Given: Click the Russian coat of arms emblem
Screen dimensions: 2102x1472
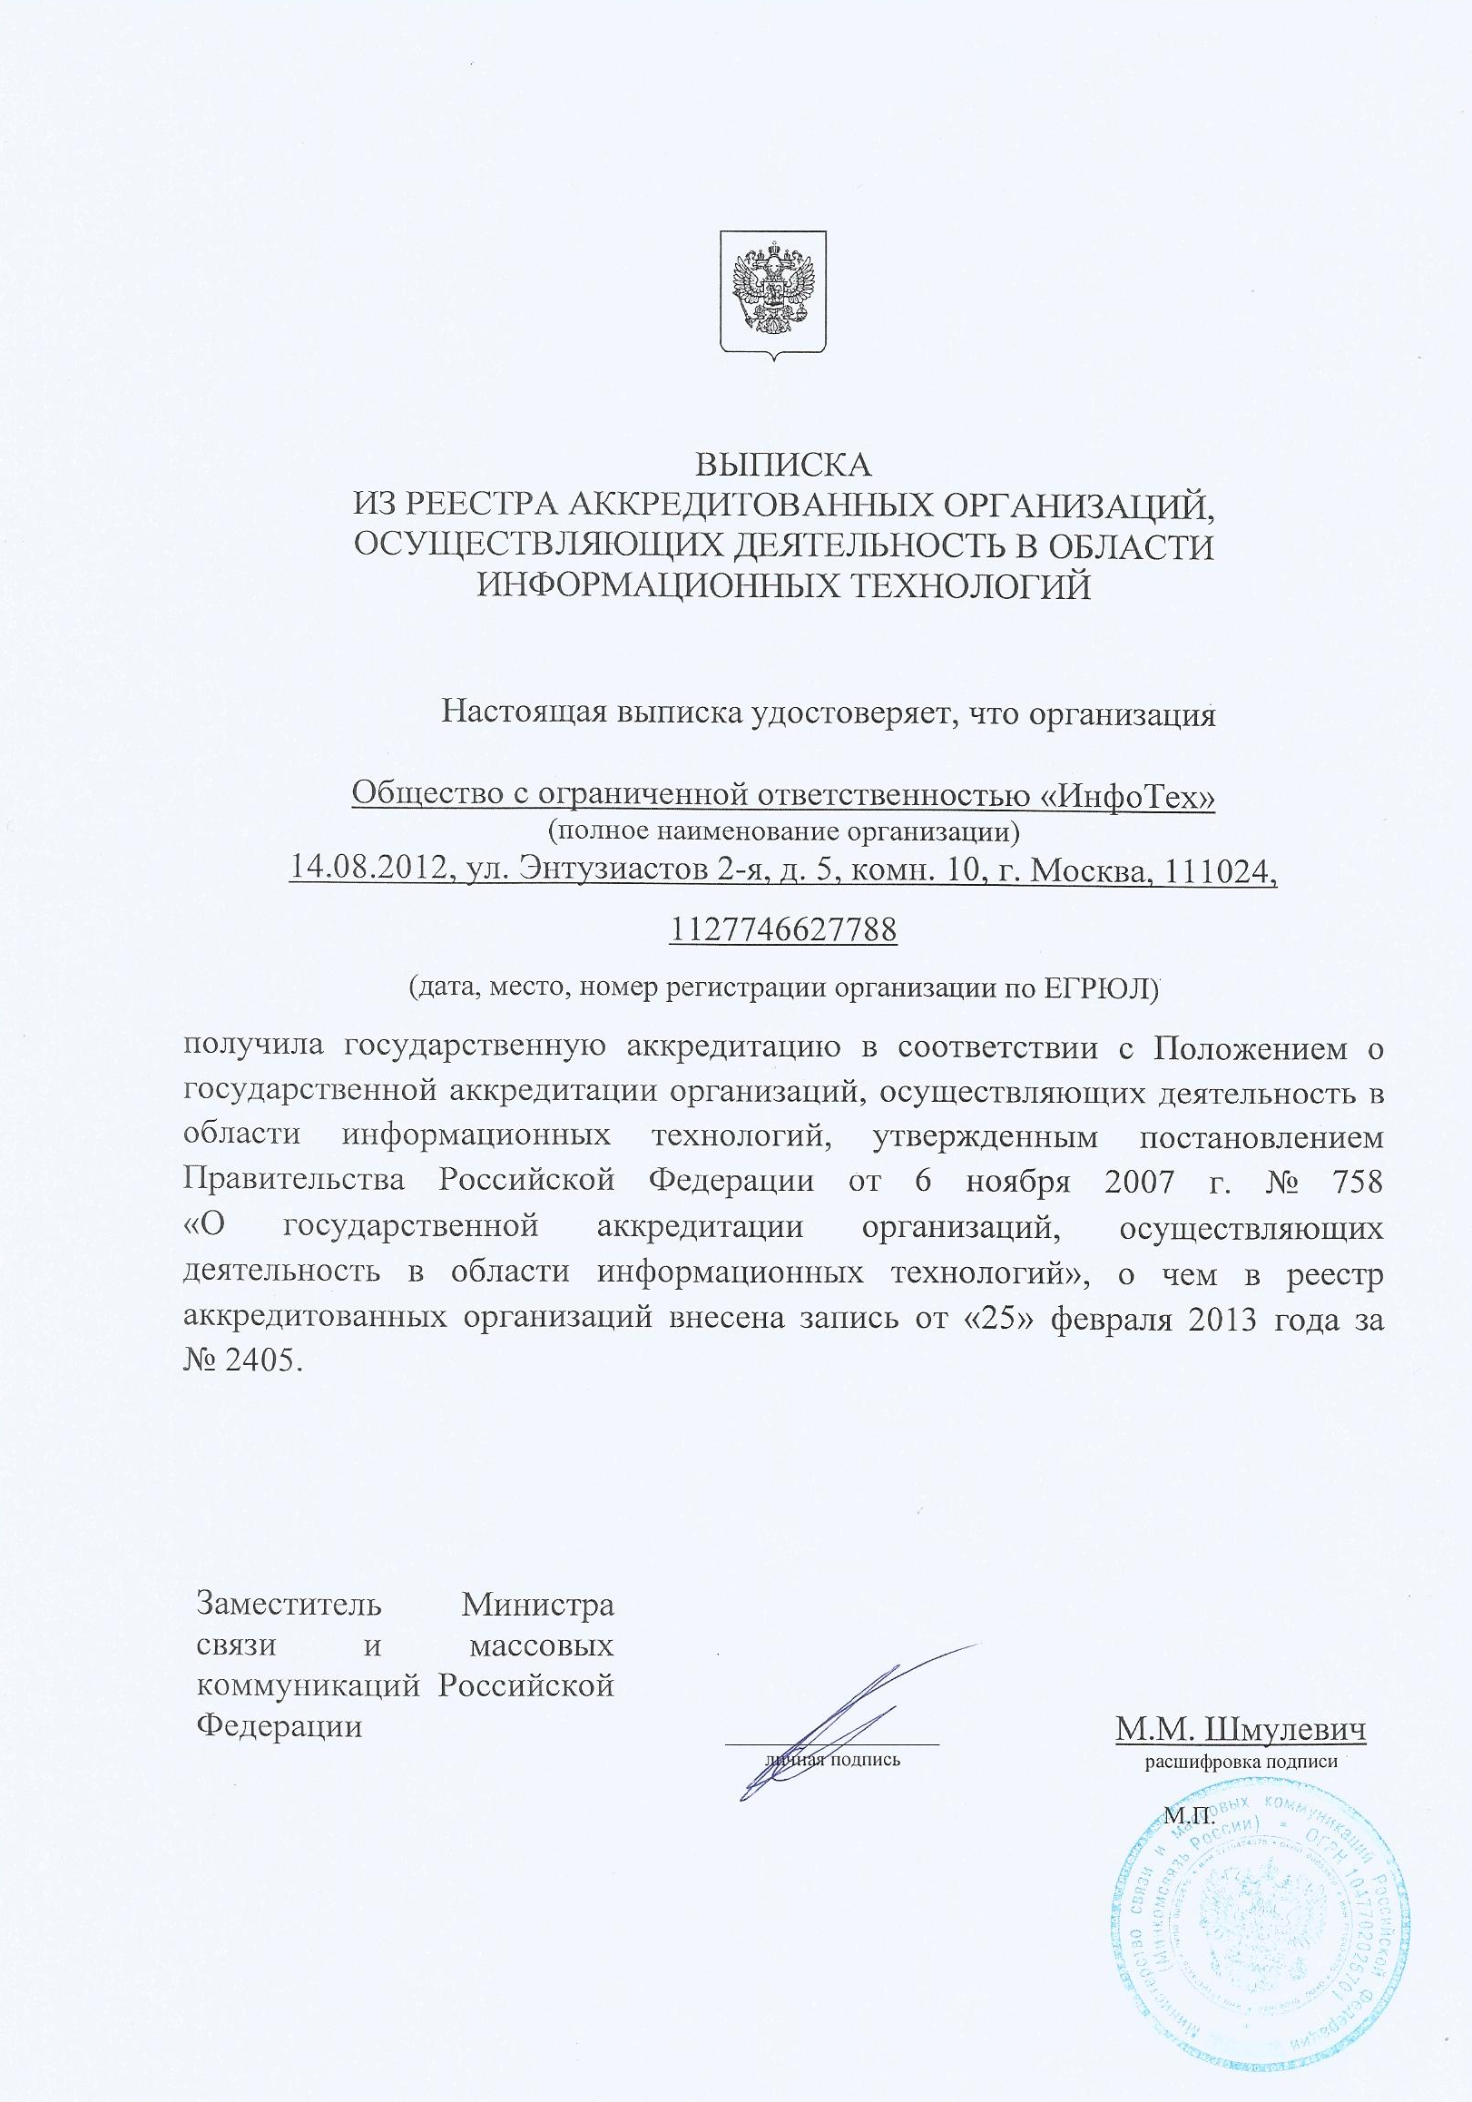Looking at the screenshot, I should [773, 292].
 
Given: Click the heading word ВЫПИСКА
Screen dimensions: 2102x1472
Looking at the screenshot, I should [785, 465].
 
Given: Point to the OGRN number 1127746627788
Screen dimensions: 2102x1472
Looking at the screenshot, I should [784, 931].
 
